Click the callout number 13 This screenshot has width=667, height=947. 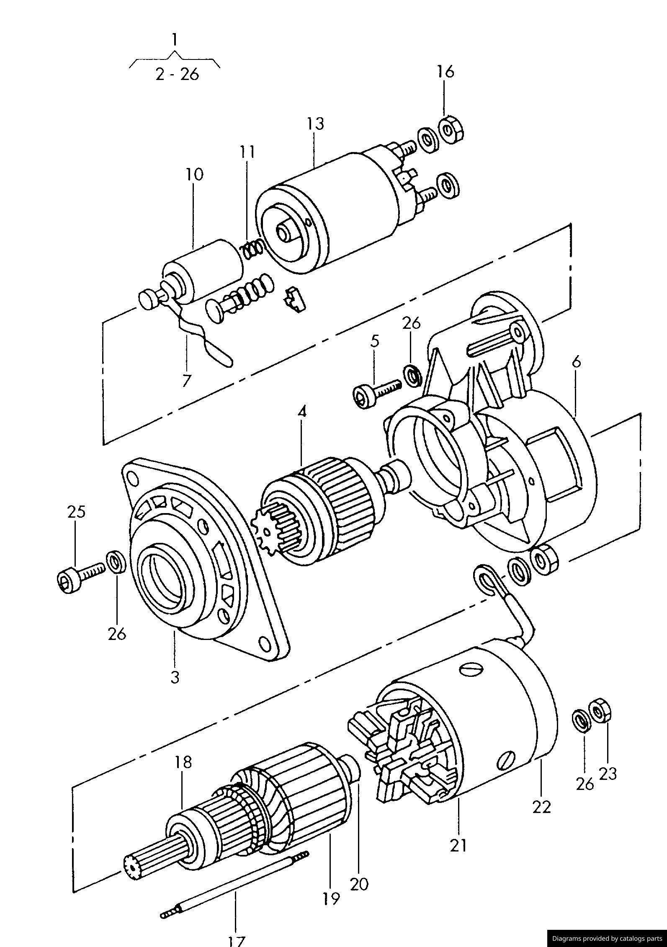pyautogui.click(x=315, y=124)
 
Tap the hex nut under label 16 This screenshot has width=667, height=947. pyautogui.click(x=451, y=130)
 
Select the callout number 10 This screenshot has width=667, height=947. pyautogui.click(x=194, y=174)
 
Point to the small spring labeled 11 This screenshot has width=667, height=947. pyautogui.click(x=252, y=250)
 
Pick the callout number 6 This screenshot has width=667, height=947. pyautogui.click(x=577, y=362)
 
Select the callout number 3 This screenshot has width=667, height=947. pyautogui.click(x=175, y=676)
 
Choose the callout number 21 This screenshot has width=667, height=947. pyautogui.click(x=458, y=845)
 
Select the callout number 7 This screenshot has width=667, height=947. pyautogui.click(x=186, y=380)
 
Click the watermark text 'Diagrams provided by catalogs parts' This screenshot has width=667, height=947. pyautogui.click(x=606, y=939)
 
